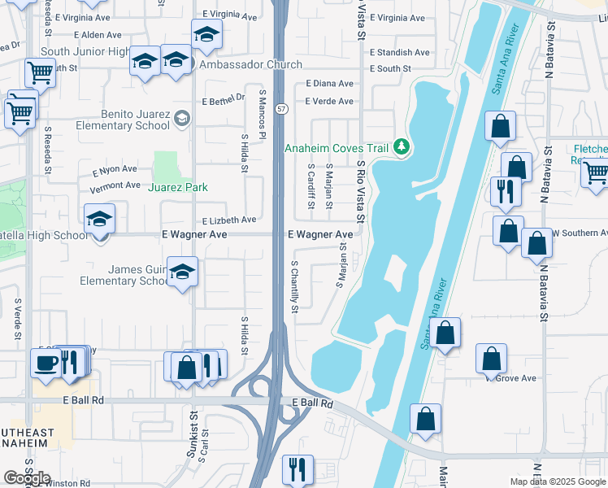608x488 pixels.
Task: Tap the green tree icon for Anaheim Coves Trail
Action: (x=400, y=147)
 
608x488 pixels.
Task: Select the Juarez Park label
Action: (x=178, y=187)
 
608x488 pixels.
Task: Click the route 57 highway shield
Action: (x=280, y=108)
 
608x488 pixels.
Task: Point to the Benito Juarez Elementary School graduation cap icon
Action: (x=182, y=120)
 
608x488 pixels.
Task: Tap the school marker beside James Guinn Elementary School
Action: (x=183, y=272)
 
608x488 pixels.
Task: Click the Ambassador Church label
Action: (x=250, y=65)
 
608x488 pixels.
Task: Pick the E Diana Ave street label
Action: (x=329, y=83)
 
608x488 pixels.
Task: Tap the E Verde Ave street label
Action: (x=329, y=101)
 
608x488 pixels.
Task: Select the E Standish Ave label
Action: (x=399, y=52)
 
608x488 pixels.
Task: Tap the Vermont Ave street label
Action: (x=115, y=186)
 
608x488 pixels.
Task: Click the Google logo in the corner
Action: (x=27, y=478)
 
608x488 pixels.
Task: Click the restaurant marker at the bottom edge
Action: (x=297, y=469)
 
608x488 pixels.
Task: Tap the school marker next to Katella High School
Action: (x=100, y=220)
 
